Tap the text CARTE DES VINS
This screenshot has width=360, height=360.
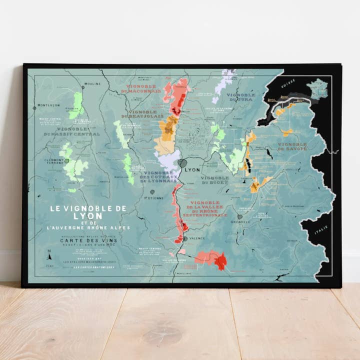click(82, 239)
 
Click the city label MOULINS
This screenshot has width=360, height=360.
click(92, 84)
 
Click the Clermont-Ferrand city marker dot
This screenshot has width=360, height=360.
click(66, 161)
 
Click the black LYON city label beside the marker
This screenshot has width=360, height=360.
click(192, 169)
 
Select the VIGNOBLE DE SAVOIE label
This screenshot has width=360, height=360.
click(292, 146)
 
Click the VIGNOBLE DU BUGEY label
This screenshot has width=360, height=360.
click(215, 180)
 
